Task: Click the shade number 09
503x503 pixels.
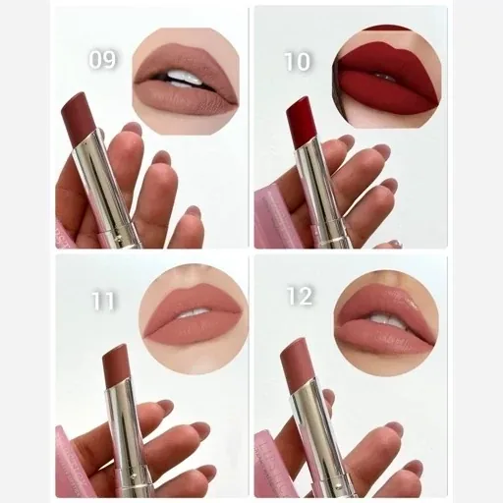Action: pyautogui.click(x=102, y=59)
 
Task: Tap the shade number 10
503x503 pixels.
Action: pyautogui.click(x=297, y=61)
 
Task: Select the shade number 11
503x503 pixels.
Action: pyautogui.click(x=103, y=300)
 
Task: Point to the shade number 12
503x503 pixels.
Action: pyautogui.click(x=300, y=296)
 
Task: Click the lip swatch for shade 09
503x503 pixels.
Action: pyautogui.click(x=186, y=81)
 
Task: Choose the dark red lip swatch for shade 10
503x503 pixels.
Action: pyautogui.click(x=387, y=77)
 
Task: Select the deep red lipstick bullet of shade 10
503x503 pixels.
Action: pyautogui.click(x=300, y=122)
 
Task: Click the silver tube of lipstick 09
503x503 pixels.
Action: pyautogui.click(x=105, y=190)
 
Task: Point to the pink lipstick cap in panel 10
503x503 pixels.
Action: pyautogui.click(x=273, y=219)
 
